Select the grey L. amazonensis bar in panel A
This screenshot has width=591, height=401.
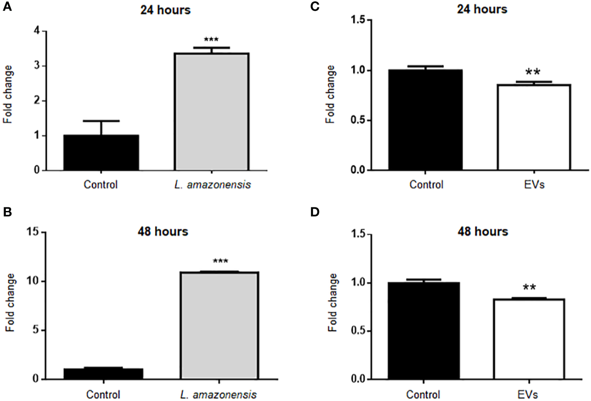click(x=211, y=112)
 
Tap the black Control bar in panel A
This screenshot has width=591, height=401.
click(x=101, y=153)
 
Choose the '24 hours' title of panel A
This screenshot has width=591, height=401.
click(x=165, y=9)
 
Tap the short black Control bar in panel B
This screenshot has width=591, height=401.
click(x=103, y=374)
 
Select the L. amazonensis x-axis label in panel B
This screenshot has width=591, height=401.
click(x=219, y=395)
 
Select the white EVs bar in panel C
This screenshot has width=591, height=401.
click(x=534, y=127)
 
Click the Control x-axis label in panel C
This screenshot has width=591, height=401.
click(x=426, y=184)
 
